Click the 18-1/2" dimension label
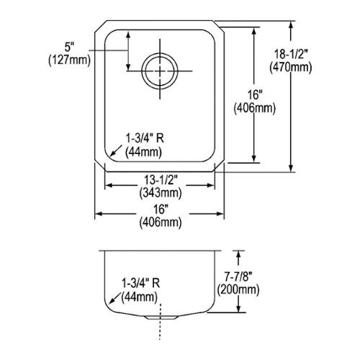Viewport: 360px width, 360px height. pyautogui.click(x=290, y=55)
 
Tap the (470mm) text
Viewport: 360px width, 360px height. pyautogui.click(x=291, y=67)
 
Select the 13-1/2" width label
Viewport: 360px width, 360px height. pyautogui.click(x=161, y=180)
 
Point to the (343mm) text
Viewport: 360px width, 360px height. pyautogui.click(x=161, y=193)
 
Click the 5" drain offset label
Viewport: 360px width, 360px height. pyautogui.click(x=69, y=47)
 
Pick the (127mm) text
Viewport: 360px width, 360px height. pyautogui.click(x=70, y=60)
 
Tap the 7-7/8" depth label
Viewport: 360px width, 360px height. pyautogui.click(x=238, y=278)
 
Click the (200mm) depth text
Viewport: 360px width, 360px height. pyautogui.click(x=238, y=290)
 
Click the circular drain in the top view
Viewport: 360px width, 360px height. pyautogui.click(x=160, y=71)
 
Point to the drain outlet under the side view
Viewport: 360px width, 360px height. pyautogui.click(x=161, y=318)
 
